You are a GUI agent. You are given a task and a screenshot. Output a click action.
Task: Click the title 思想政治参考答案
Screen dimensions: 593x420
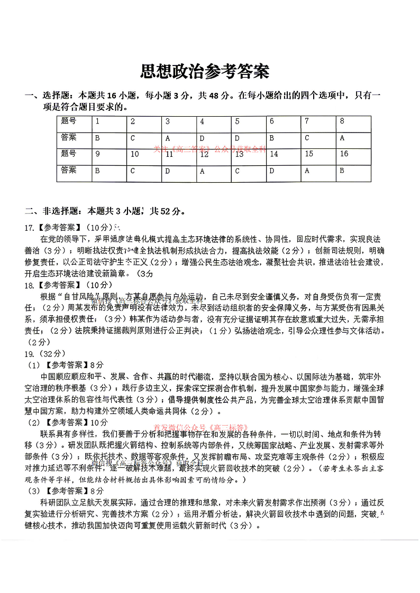(x=205, y=71)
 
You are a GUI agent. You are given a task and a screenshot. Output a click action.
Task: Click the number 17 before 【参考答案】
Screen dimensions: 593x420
(x=30, y=228)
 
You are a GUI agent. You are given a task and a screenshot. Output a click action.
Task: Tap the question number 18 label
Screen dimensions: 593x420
(x=30, y=285)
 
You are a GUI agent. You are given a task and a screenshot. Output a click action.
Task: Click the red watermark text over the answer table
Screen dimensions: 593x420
(x=210, y=149)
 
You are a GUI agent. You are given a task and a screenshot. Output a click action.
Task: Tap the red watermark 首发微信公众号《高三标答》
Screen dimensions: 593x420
(x=201, y=427)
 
